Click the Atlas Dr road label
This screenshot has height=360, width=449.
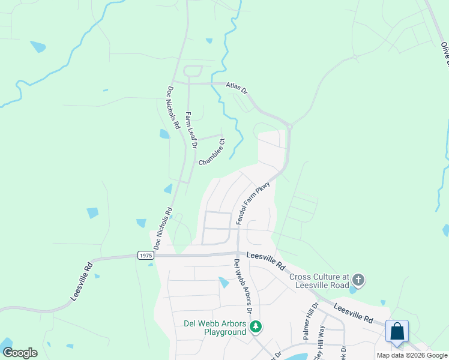[x=237, y=88]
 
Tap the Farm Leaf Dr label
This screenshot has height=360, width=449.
[x=190, y=130]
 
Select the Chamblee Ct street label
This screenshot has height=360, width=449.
[x=211, y=154]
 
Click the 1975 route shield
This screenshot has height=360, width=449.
[x=145, y=255]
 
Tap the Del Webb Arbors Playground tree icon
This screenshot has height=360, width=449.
[x=256, y=327]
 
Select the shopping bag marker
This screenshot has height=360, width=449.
[x=397, y=331]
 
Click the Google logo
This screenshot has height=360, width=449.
[x=20, y=352]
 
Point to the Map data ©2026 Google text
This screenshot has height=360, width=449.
[x=412, y=355]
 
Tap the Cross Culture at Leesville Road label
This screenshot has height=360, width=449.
[x=319, y=281]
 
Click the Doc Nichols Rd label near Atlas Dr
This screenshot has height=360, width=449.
[x=173, y=108]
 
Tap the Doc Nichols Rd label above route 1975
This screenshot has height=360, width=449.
[x=163, y=229]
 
